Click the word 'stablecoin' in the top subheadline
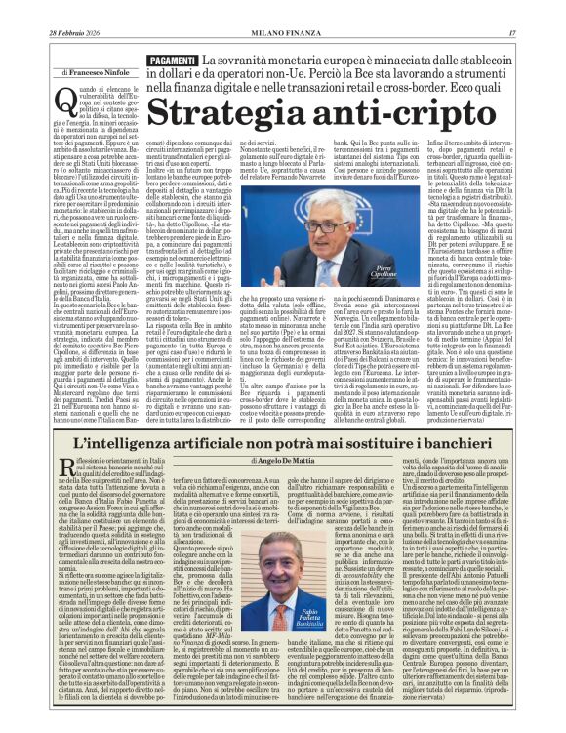point(488,61)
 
